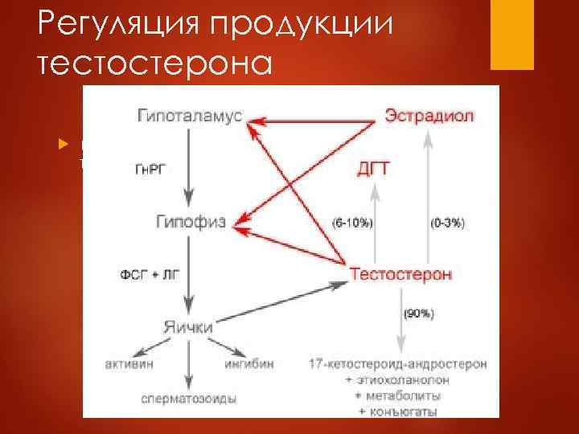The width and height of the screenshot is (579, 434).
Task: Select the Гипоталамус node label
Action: (189, 116)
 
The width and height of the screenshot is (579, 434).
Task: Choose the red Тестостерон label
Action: (401, 275)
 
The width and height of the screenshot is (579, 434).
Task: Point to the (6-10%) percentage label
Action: (353, 221)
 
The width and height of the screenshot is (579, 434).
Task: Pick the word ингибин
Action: (249, 364)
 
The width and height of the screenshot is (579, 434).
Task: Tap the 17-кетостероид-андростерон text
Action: (398, 364)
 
